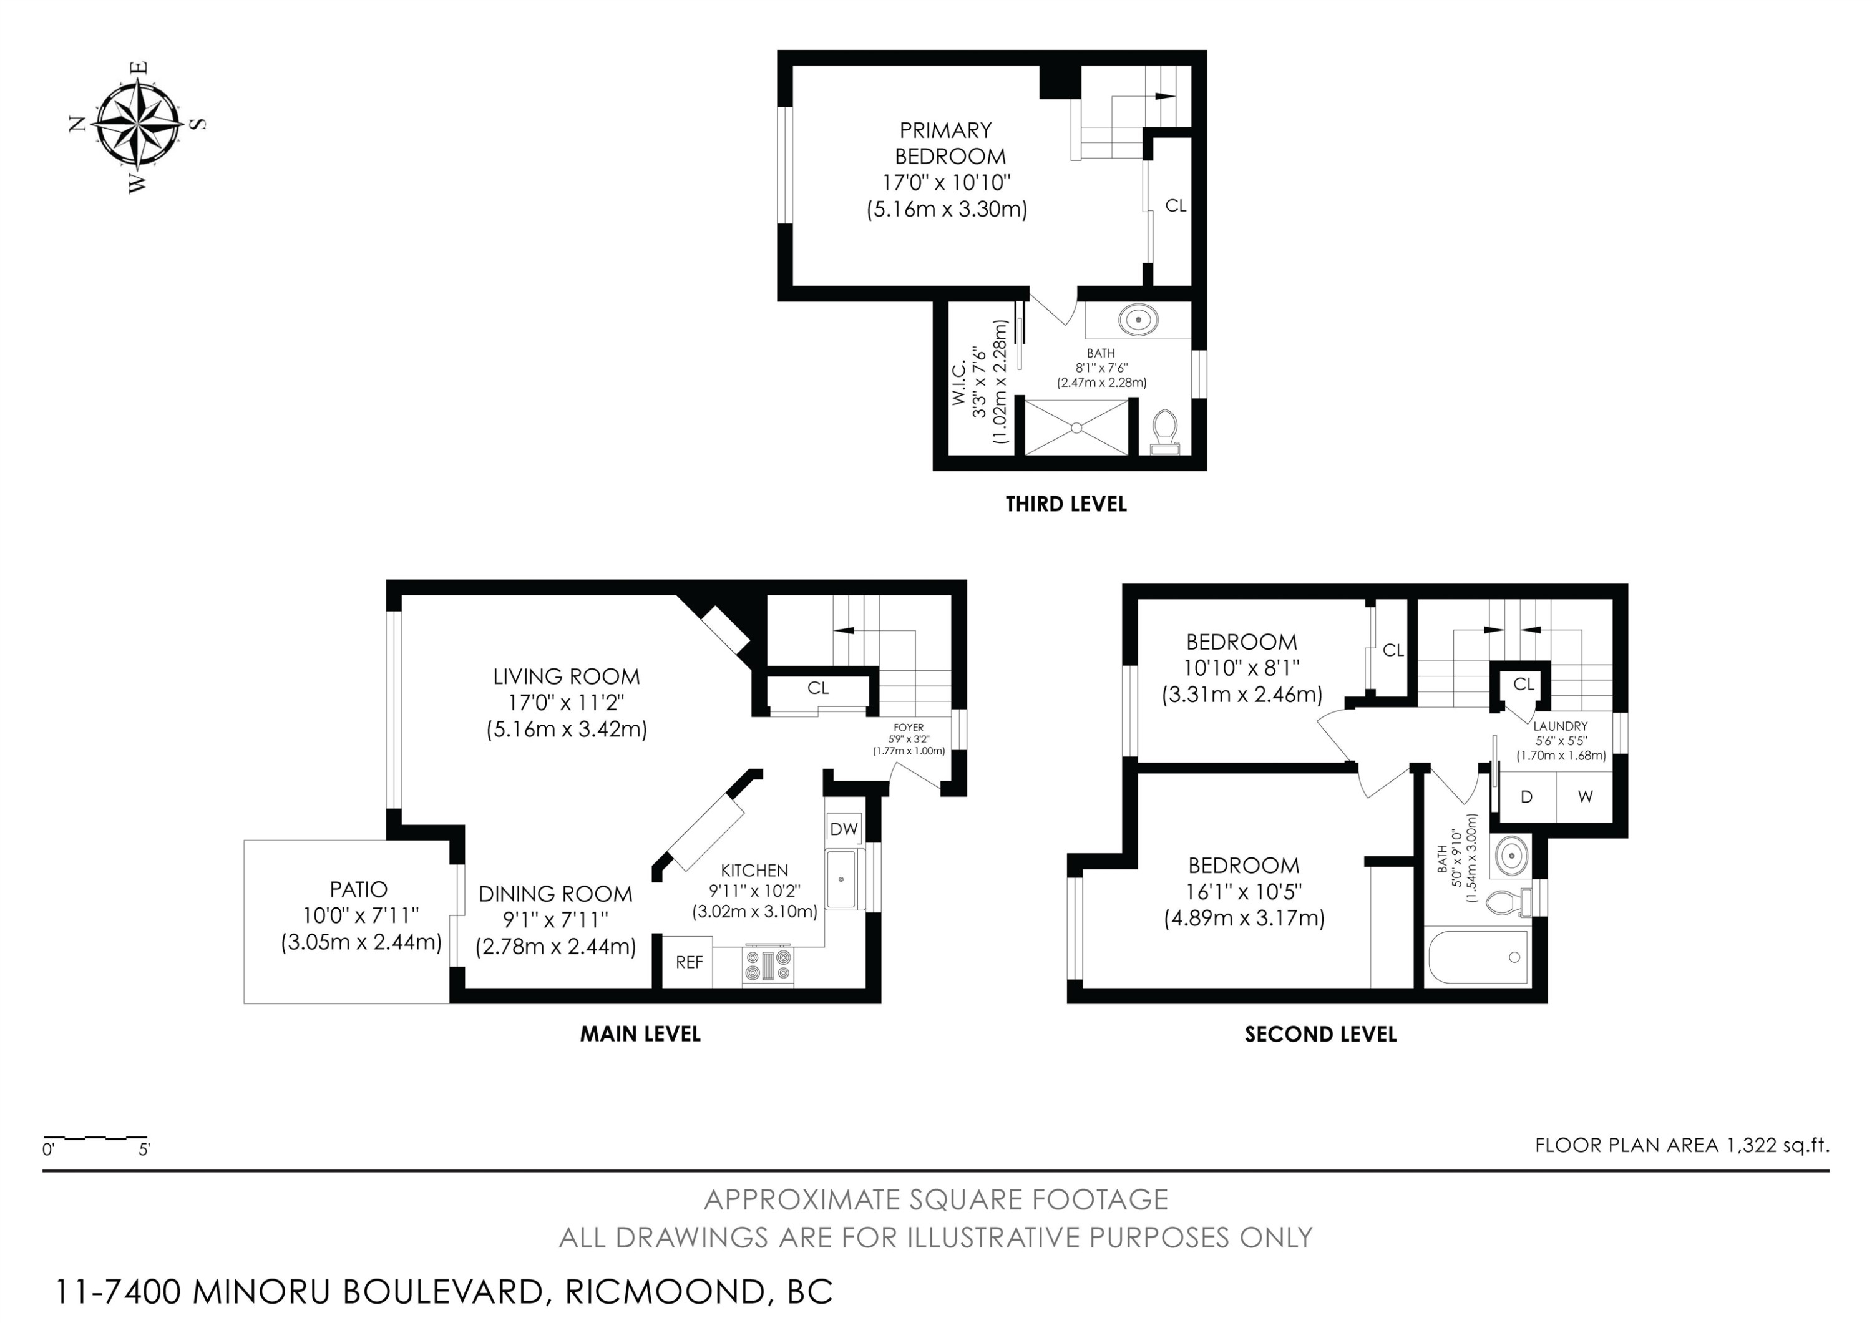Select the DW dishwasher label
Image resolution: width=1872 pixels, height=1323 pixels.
tap(844, 829)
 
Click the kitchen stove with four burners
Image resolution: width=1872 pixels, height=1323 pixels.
tap(768, 966)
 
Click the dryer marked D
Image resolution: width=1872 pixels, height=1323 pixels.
tap(1527, 797)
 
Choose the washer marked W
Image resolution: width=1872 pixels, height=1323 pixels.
tap(1584, 797)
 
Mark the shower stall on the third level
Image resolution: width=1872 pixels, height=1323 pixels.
tap(1076, 427)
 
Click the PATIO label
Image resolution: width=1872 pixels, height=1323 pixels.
tap(359, 889)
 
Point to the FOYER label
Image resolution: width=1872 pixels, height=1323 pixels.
tap(909, 728)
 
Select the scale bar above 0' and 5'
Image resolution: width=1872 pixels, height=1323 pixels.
tap(95, 1136)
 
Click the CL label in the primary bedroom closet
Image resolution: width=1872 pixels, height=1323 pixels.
tap(1175, 206)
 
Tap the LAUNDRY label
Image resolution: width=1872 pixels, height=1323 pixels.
tap(1560, 726)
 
